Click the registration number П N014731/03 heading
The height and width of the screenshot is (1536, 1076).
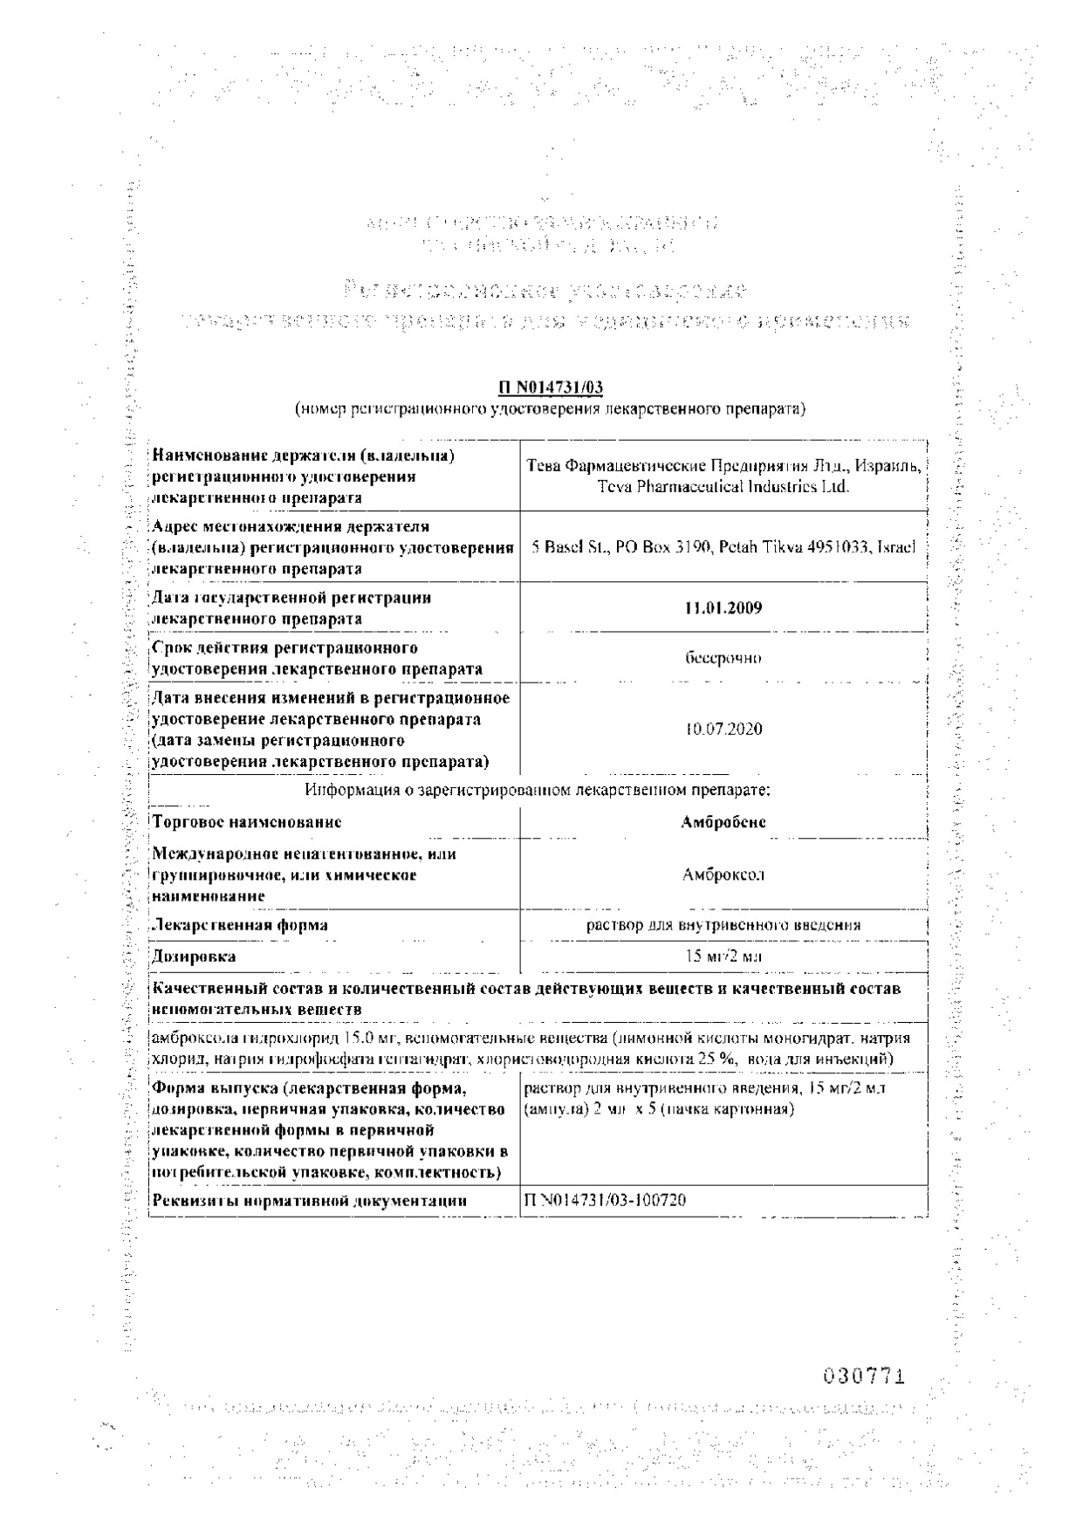pyautogui.click(x=550, y=387)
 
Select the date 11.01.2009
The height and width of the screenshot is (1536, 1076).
pyautogui.click(x=723, y=607)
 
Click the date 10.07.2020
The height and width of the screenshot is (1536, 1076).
pyautogui.click(x=723, y=728)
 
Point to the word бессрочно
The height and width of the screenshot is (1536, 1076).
pyautogui.click(x=723, y=658)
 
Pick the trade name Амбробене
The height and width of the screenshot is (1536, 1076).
pyautogui.click(x=723, y=821)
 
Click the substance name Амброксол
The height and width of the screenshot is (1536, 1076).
pyautogui.click(x=723, y=874)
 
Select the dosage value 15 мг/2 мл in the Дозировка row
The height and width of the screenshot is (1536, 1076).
pyautogui.click(x=723, y=956)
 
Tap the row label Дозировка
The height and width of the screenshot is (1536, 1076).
pyautogui.click(x=194, y=957)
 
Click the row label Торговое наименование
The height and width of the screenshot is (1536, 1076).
pyautogui.click(x=246, y=821)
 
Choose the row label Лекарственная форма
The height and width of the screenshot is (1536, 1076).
pyautogui.click(x=240, y=924)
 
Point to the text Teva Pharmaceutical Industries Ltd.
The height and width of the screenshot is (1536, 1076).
pyautogui.click(x=723, y=487)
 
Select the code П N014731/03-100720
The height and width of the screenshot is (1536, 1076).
pyautogui.click(x=605, y=1200)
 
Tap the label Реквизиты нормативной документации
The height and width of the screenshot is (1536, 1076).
pyautogui.click(x=310, y=1201)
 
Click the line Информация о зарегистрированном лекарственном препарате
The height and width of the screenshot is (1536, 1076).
pyautogui.click(x=538, y=790)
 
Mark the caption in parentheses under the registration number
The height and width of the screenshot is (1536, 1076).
pyautogui.click(x=550, y=408)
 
